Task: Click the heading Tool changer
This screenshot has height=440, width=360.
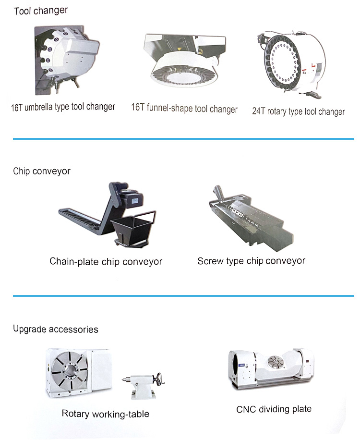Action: [41, 10]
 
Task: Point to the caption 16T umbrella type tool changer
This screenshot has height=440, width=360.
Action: [63, 107]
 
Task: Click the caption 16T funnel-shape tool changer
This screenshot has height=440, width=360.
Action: [184, 109]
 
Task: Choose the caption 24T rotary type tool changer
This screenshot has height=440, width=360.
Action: [298, 111]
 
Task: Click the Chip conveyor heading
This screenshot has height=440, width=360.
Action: [42, 171]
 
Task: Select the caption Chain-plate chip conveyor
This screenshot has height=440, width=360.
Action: [106, 262]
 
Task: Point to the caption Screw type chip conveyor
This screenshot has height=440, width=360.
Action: [251, 261]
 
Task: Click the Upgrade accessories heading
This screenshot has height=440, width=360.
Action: [56, 329]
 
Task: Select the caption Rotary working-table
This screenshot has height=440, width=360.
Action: [106, 414]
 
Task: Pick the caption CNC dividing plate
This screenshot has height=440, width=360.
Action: [274, 409]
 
